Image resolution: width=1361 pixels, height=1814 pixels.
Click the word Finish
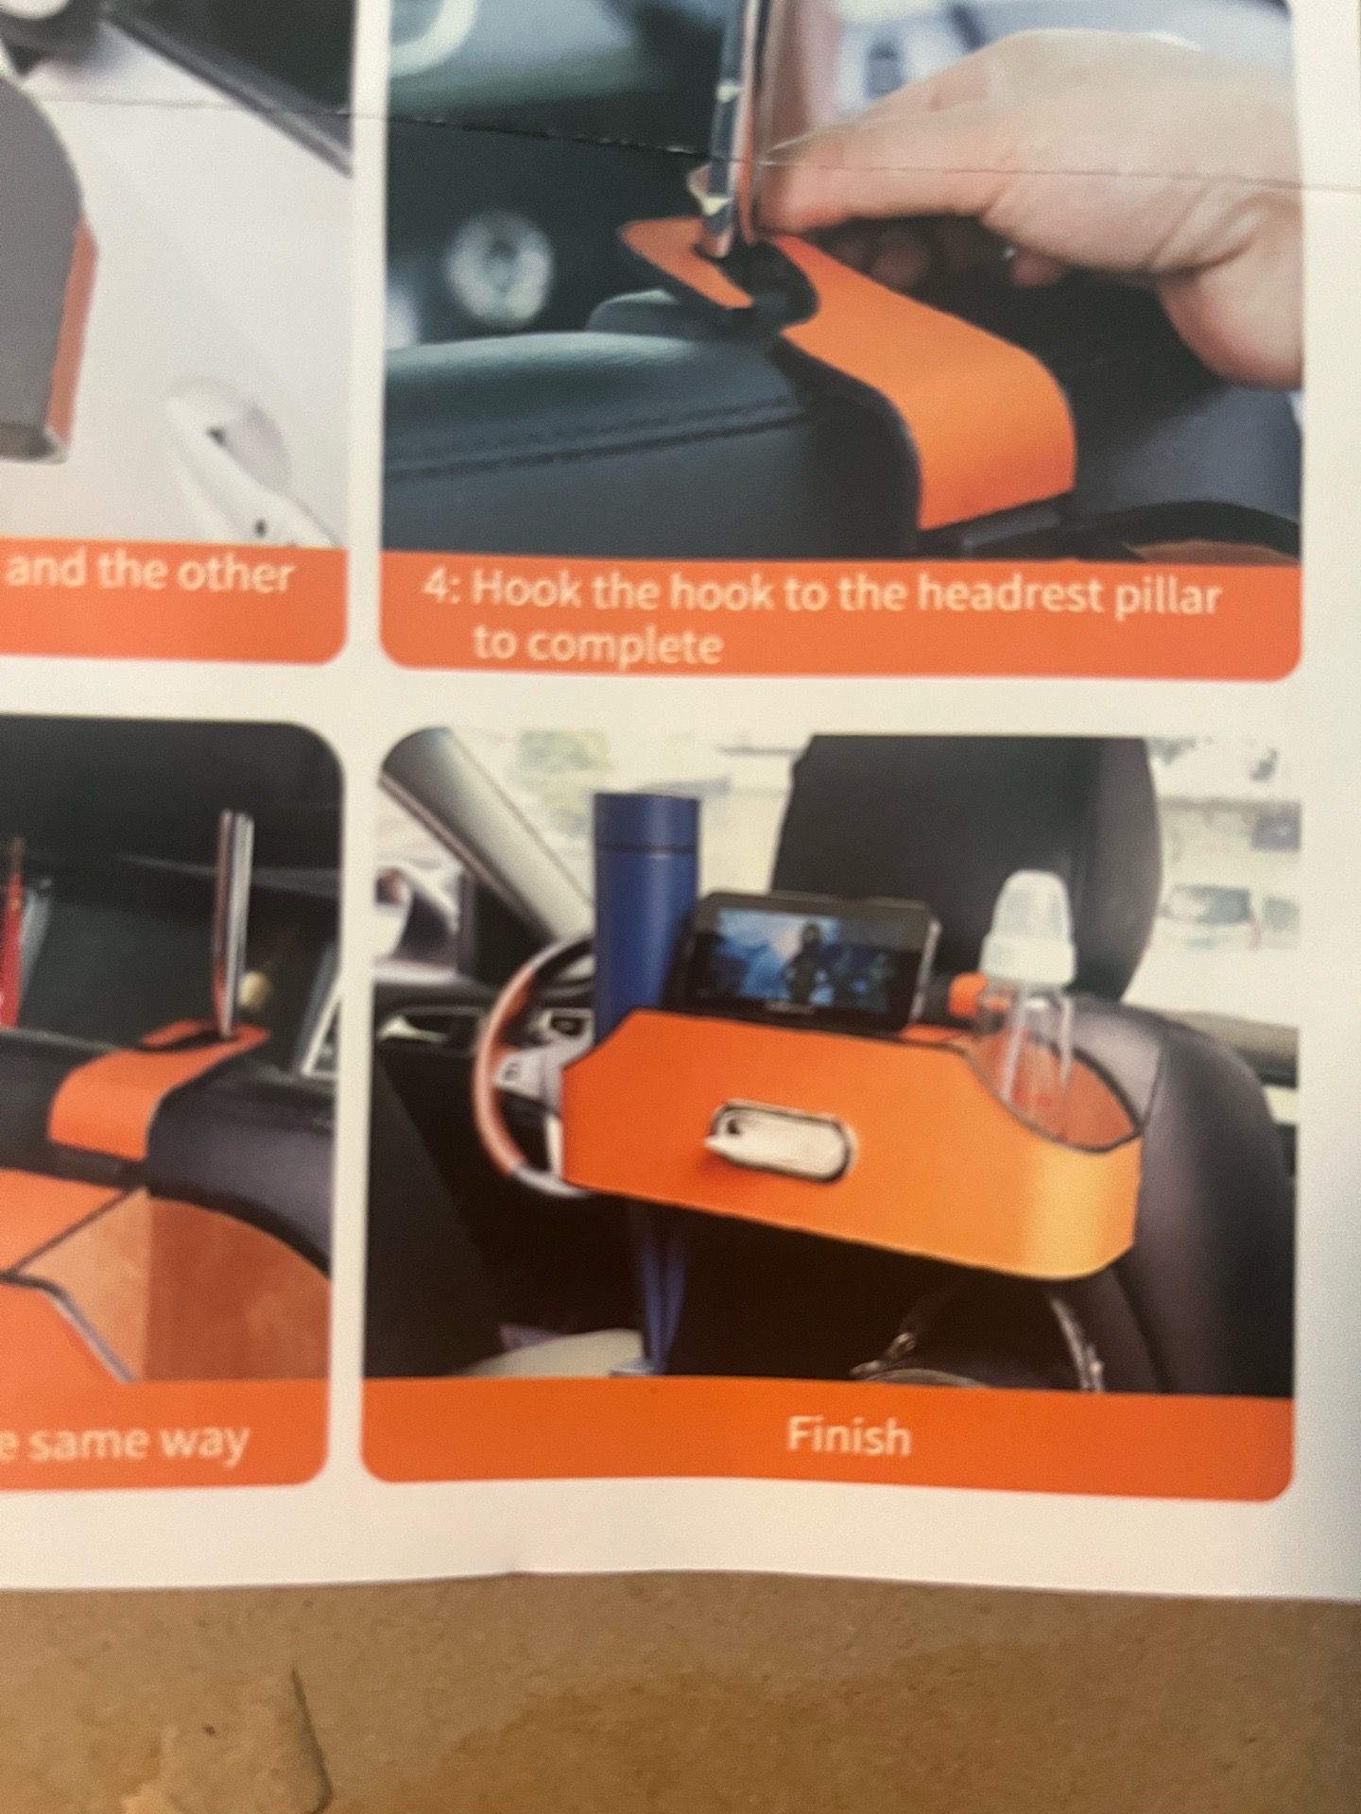click(x=849, y=1437)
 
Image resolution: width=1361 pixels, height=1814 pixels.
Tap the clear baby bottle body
click(x=1031, y=1024)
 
